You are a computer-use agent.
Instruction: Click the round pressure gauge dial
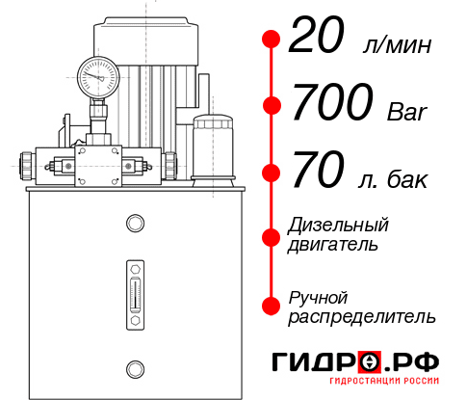98,73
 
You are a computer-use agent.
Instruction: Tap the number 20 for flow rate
316,40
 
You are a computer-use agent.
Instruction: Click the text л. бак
394,180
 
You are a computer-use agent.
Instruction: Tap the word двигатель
333,245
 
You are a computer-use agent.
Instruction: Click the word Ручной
318,297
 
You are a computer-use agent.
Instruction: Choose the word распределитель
362,316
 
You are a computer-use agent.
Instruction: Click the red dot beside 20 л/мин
271,40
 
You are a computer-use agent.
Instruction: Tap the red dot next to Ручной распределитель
271,306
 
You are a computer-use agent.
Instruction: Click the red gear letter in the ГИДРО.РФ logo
369,363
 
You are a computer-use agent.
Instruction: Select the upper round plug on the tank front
134,225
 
